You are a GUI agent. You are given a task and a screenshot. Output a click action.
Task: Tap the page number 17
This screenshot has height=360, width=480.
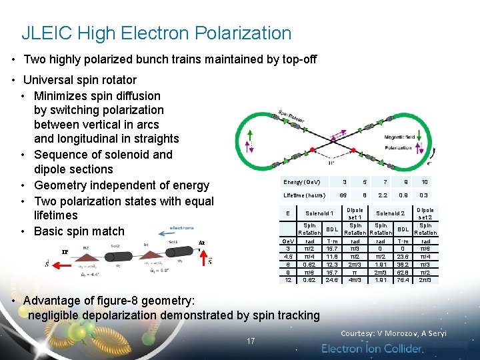click(251, 341)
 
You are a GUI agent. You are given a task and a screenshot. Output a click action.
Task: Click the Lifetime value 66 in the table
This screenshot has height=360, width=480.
click(343, 195)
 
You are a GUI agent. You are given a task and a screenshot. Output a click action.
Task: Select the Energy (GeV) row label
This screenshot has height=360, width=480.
click(302, 182)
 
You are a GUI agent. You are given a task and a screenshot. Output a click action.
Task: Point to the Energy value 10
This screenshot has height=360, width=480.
click(425, 182)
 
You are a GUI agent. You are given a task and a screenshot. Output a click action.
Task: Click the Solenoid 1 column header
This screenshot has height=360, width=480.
click(319, 213)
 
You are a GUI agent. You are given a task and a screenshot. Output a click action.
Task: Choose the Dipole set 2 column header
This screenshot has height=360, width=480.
click(425, 213)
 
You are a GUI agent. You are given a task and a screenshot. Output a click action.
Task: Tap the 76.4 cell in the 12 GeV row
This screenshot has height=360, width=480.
click(403, 280)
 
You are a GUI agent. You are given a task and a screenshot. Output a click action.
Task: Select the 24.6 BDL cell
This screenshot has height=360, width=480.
click(331, 280)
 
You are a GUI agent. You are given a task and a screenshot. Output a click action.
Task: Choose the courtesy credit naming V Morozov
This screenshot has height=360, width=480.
click(393, 333)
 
